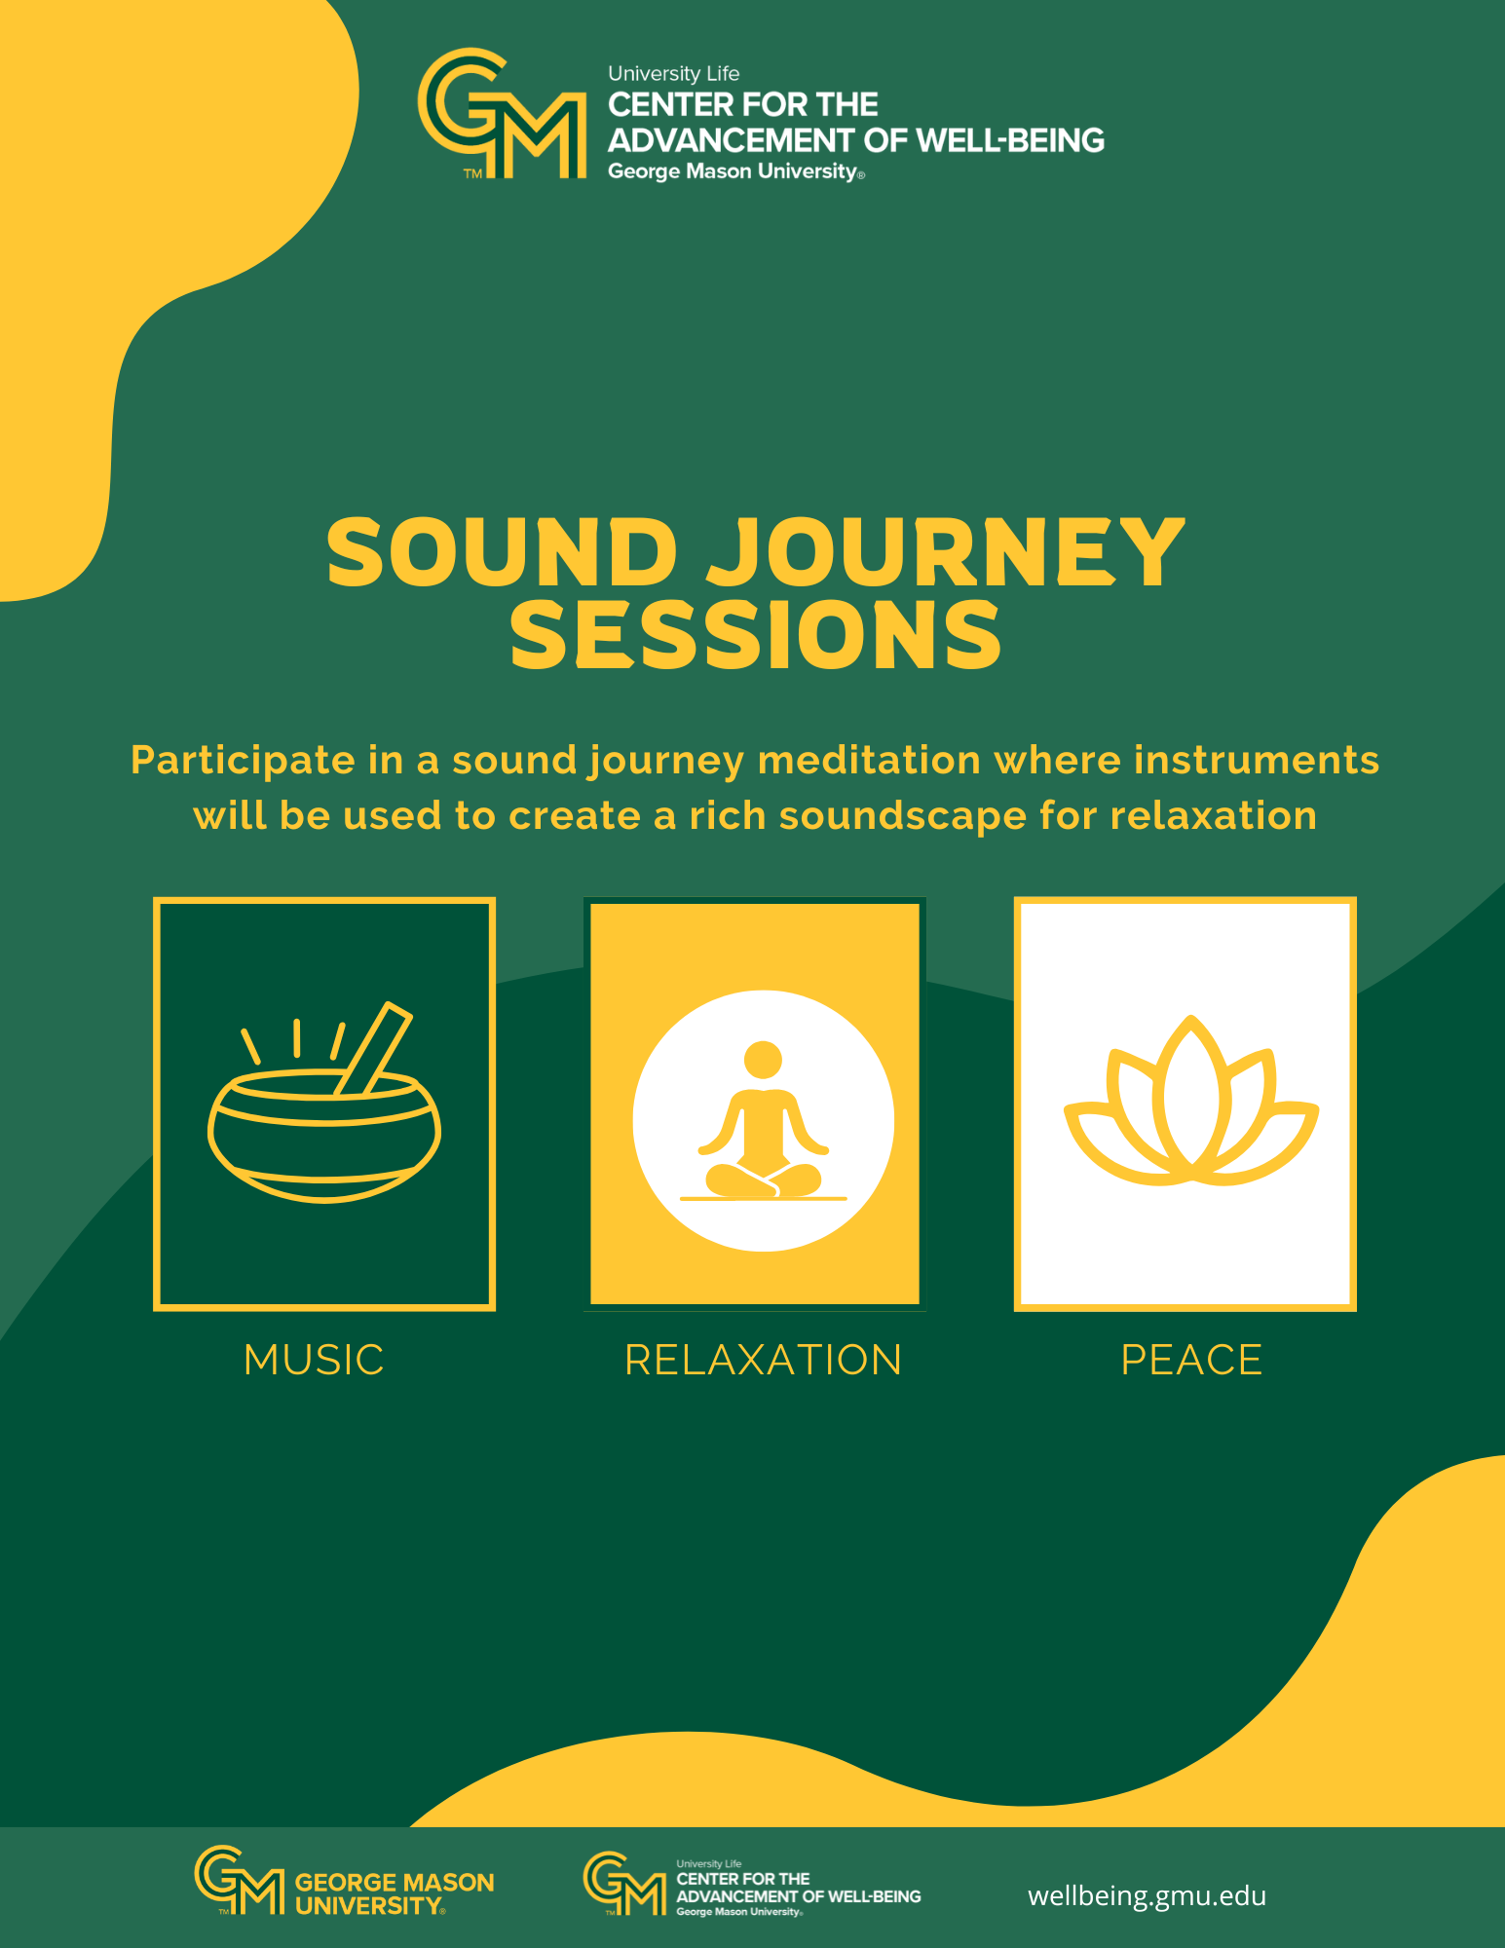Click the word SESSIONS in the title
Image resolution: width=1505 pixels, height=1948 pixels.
(756, 634)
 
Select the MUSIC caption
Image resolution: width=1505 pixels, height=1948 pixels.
(314, 1360)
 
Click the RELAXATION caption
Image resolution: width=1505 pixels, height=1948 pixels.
(763, 1360)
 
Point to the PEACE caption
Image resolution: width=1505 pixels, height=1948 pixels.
(1191, 1360)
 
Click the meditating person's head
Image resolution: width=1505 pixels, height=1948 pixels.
(763, 1060)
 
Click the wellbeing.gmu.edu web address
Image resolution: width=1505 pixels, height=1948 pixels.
(1147, 1895)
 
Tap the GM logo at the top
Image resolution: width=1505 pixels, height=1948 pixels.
(502, 114)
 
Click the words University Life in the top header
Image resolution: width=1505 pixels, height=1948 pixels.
(674, 74)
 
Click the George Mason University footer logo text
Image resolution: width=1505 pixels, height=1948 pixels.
(395, 1893)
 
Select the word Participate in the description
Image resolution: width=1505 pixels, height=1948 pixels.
(243, 760)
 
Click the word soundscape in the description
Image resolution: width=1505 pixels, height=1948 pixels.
(903, 815)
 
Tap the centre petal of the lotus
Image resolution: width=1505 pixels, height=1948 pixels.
(1190, 1091)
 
